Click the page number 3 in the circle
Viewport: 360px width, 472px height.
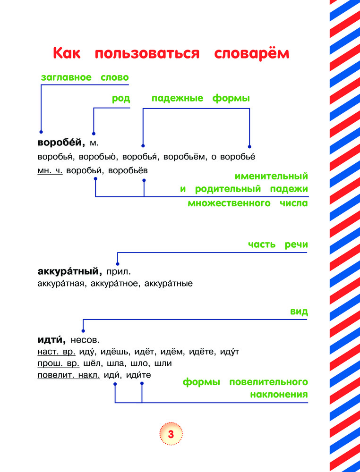point(171,434)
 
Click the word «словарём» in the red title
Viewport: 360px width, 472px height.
point(251,53)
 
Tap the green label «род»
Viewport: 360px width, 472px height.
point(121,99)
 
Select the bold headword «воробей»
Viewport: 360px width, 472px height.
point(61,143)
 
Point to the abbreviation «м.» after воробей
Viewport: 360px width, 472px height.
point(94,143)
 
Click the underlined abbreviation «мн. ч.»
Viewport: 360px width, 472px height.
point(50,171)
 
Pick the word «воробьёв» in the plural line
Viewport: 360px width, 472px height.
point(128,170)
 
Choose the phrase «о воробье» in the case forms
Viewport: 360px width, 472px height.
point(233,157)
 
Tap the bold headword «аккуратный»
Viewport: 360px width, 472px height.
point(70,271)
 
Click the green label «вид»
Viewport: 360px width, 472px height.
point(299,312)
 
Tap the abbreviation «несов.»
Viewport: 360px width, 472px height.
point(85,340)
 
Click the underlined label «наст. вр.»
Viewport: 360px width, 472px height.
point(56,352)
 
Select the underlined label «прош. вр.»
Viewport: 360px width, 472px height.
point(59,363)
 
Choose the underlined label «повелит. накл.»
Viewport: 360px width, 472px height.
point(69,375)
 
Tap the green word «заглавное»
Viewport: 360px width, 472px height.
point(66,78)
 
